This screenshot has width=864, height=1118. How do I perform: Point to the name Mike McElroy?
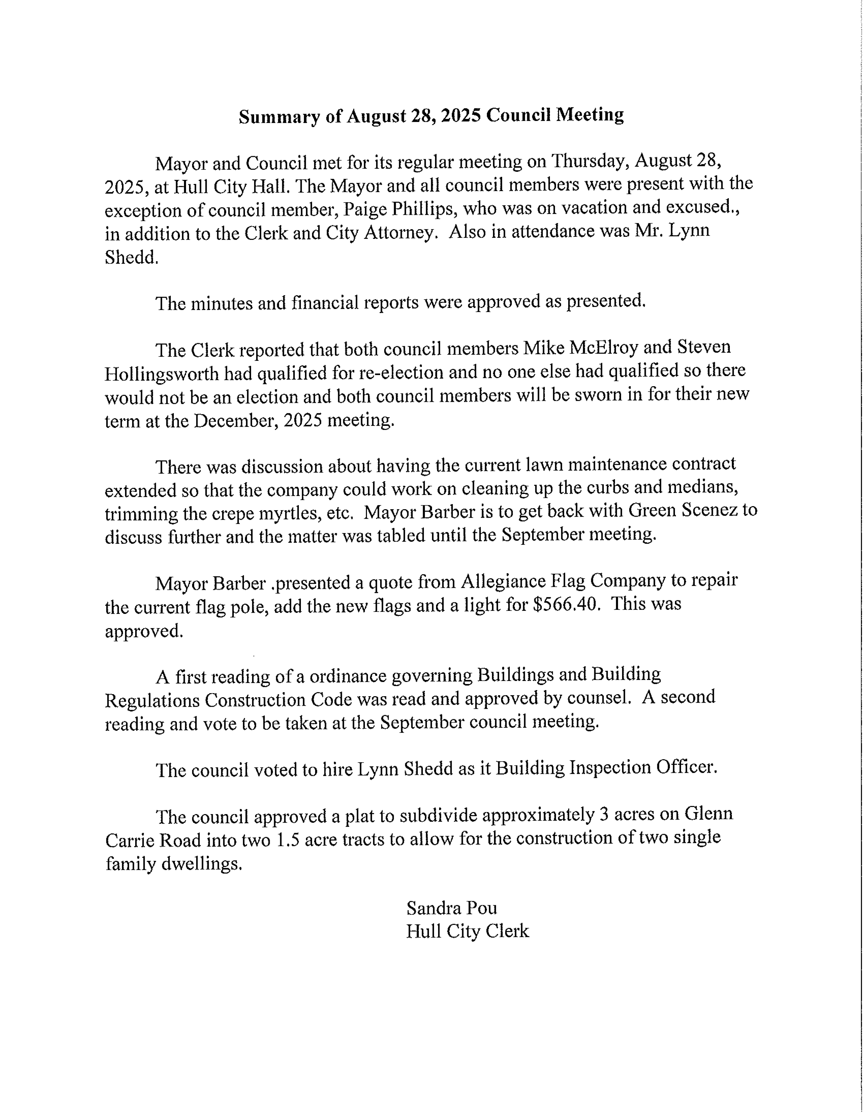pyautogui.click(x=580, y=348)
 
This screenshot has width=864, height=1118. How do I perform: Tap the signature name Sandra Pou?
pyautogui.click(x=451, y=908)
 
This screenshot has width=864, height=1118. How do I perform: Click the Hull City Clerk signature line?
pyautogui.click(x=467, y=931)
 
